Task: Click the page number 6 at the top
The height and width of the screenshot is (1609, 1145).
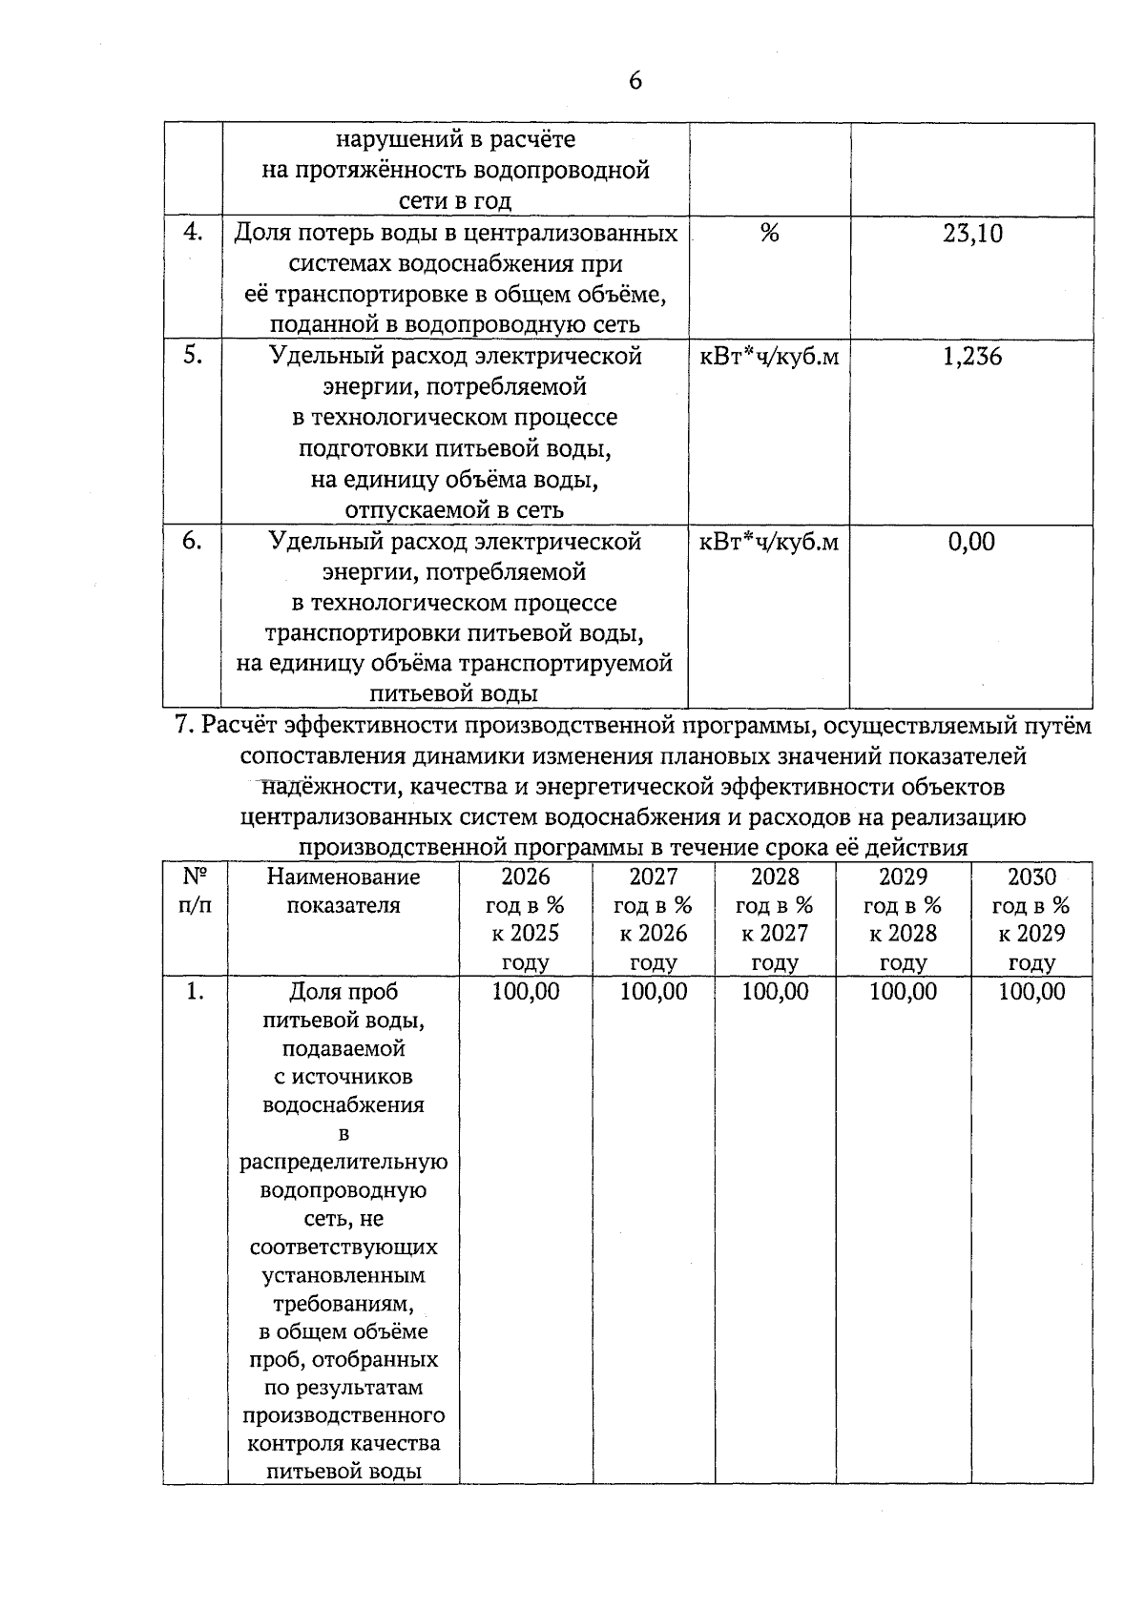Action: [x=635, y=81]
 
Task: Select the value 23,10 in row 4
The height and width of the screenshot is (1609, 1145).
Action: [x=972, y=234]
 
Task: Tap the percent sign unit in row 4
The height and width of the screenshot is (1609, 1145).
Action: [x=769, y=233]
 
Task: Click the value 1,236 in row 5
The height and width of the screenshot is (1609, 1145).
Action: [x=972, y=357]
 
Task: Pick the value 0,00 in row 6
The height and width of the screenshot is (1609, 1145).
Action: [x=971, y=542]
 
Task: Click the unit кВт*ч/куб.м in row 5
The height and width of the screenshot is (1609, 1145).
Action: [x=769, y=357]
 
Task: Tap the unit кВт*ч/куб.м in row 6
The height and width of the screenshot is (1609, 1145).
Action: [x=769, y=542]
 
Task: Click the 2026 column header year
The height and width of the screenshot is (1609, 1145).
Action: [x=526, y=877]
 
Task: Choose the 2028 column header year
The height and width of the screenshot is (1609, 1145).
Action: [x=775, y=877]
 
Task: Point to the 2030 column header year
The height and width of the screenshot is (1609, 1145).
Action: [x=1031, y=877]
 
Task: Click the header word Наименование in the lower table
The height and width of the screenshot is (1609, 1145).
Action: [x=343, y=877]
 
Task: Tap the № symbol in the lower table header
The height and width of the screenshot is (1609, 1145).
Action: [x=195, y=877]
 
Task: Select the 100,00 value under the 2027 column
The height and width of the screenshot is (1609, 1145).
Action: [x=654, y=992]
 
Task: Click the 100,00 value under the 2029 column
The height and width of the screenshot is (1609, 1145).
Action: [x=903, y=992]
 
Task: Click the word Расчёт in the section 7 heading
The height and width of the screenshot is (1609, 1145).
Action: [x=245, y=727]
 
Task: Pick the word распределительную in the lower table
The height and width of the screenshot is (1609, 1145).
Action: [x=343, y=1163]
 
